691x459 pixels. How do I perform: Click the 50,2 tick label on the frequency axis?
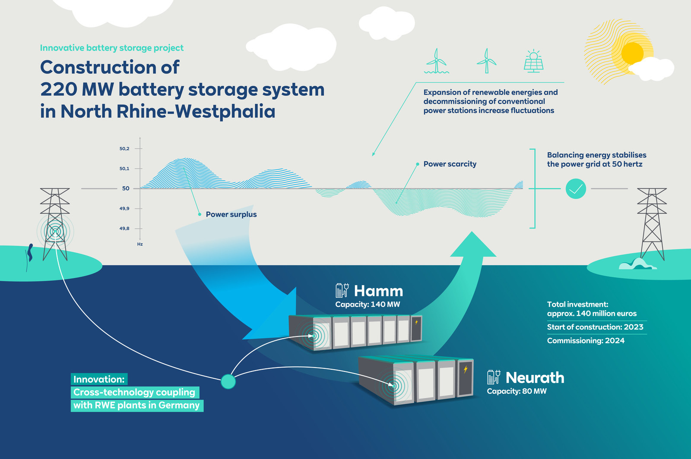tap(124, 149)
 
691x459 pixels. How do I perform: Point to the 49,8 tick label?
tap(124, 229)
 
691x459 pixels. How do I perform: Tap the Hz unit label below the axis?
tap(140, 244)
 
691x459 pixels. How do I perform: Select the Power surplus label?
tap(231, 214)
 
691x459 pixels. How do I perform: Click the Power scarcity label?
tap(450, 164)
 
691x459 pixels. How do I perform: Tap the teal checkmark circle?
tap(576, 189)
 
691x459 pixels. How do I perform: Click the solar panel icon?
tap(533, 61)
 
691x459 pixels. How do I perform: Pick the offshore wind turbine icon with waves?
tap(437, 61)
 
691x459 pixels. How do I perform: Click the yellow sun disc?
tap(633, 53)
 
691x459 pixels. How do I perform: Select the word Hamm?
tap(378, 291)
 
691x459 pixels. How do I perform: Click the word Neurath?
tap(535, 378)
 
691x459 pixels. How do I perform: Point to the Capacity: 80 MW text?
tap(517, 391)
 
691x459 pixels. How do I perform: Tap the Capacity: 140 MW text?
tap(368, 305)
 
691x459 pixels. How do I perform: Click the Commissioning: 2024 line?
tap(586, 341)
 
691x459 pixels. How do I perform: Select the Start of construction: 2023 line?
tap(595, 327)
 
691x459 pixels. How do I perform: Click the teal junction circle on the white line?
tap(228, 381)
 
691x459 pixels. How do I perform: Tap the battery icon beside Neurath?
tap(494, 377)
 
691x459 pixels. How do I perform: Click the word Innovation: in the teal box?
tap(99, 379)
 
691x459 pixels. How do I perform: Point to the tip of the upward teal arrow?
tap(472, 233)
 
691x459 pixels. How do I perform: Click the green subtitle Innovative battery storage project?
tap(111, 48)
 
